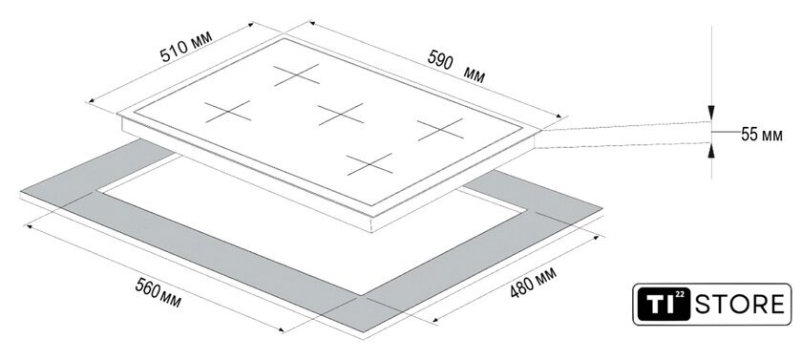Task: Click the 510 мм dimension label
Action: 185,47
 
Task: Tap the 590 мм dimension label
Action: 455,67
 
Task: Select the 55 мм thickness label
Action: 762,135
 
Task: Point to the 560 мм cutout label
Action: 158,293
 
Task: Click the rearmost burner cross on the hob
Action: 297,74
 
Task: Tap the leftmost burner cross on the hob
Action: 228,112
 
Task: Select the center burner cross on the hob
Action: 341,114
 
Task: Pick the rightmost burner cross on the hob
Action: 440,129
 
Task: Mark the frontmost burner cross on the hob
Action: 369,164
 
